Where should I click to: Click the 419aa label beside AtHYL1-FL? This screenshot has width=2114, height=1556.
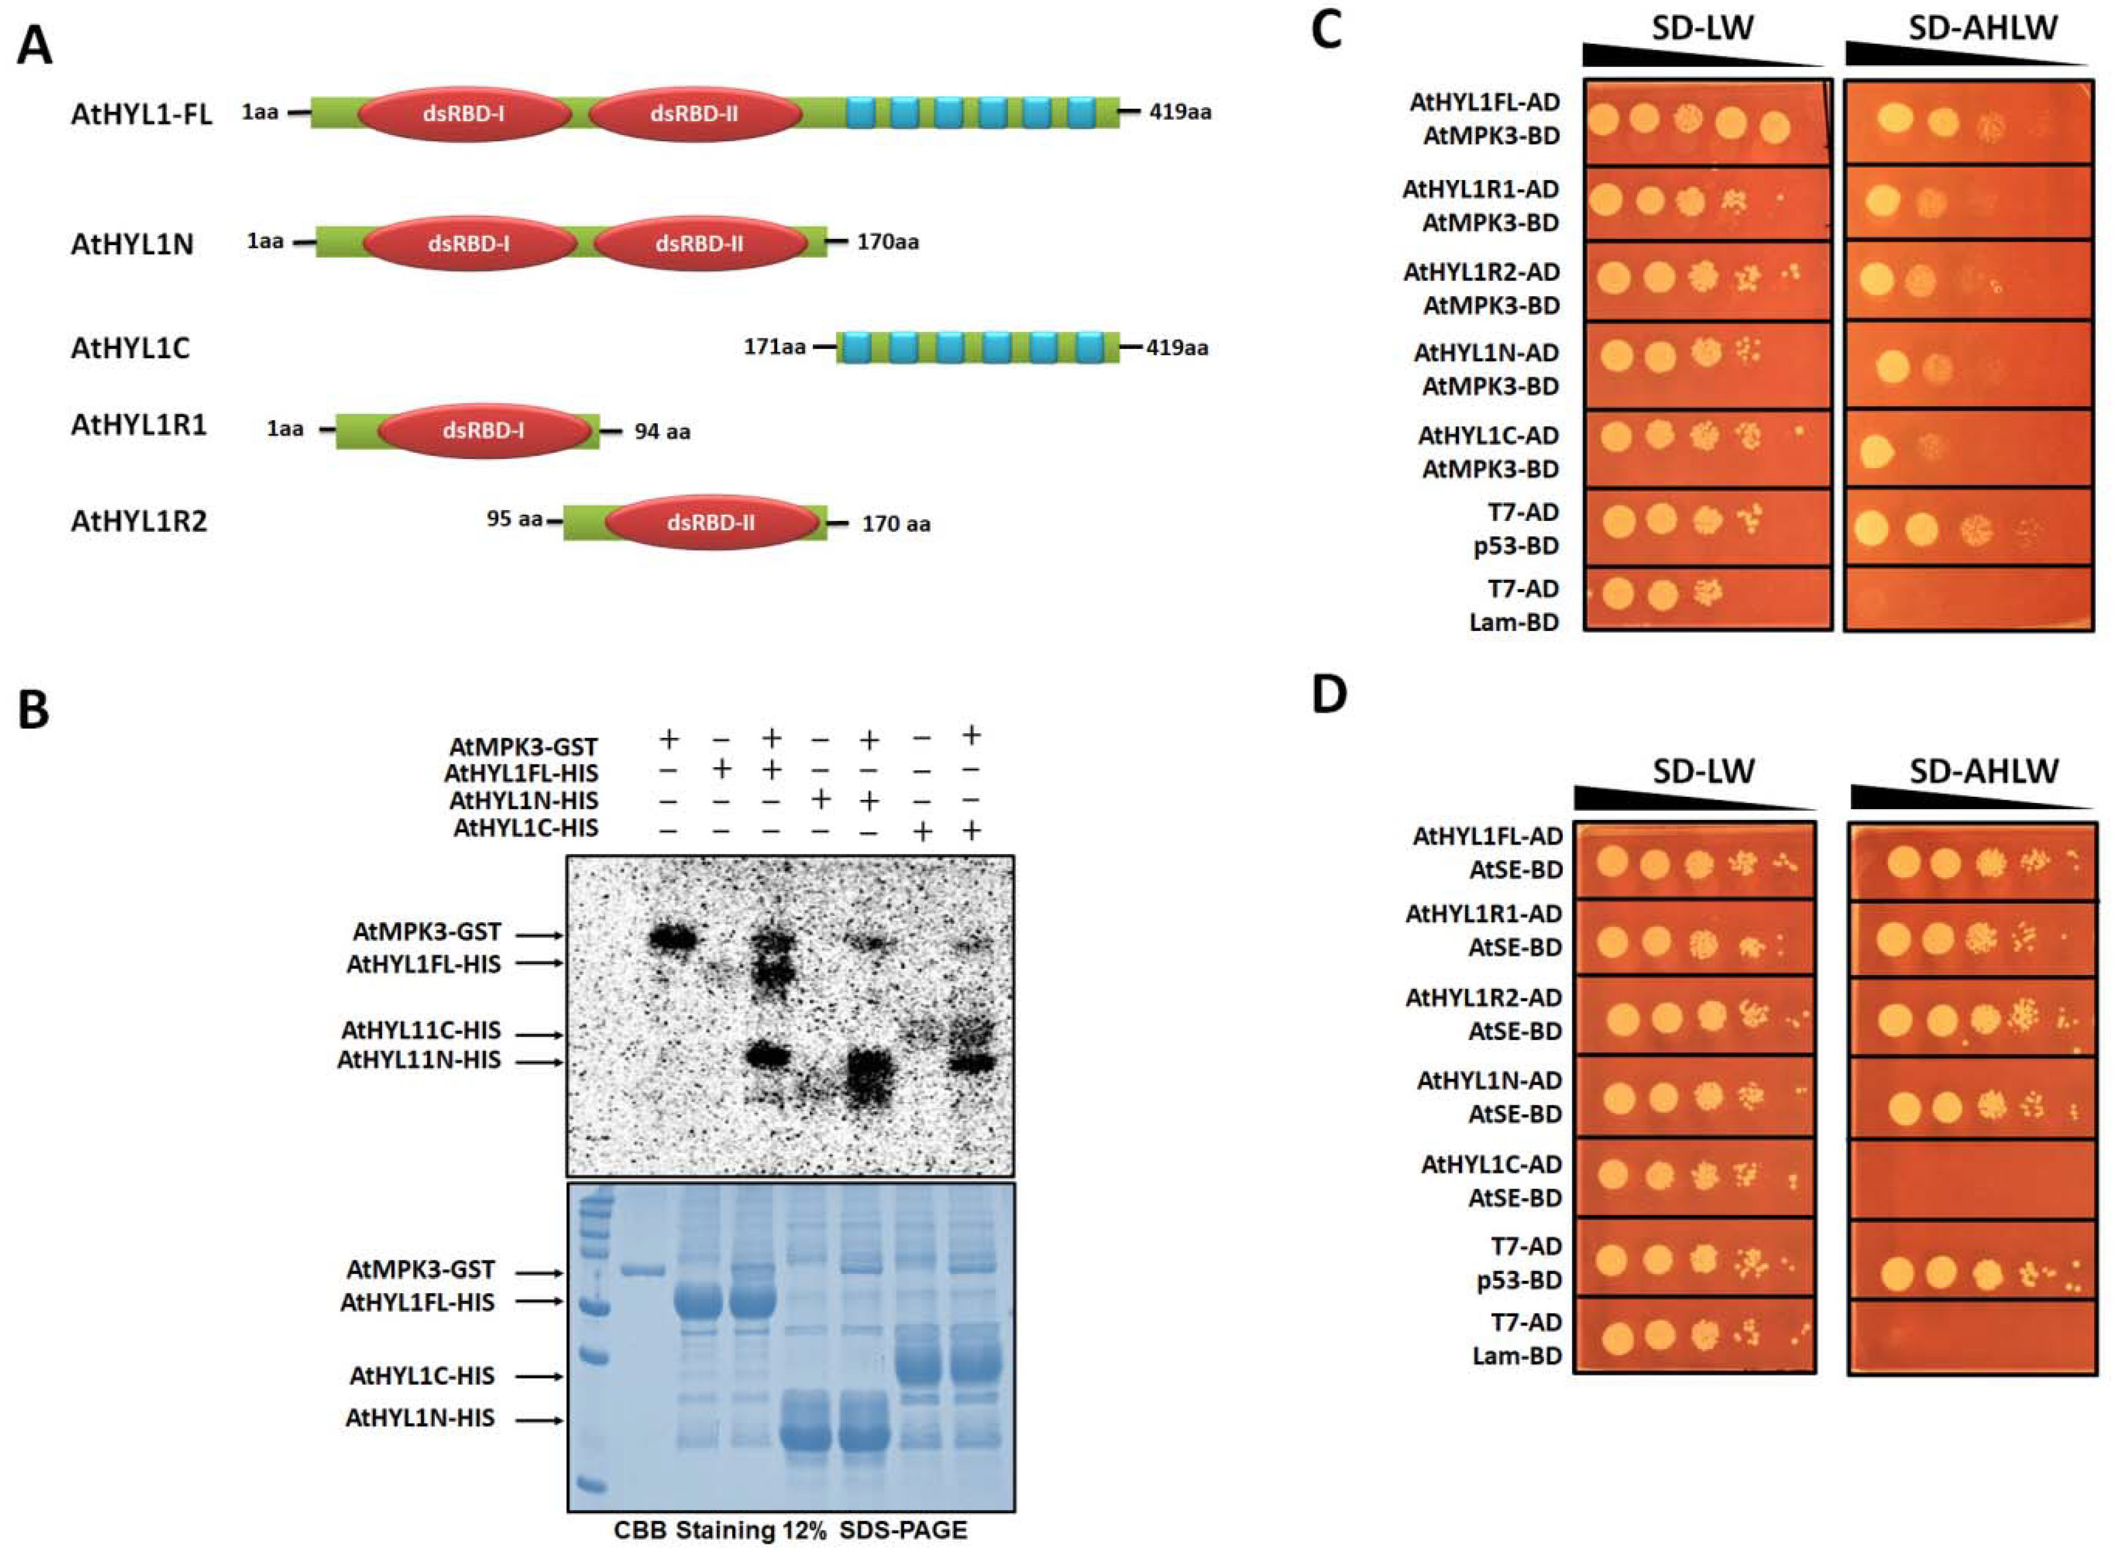[1180, 113]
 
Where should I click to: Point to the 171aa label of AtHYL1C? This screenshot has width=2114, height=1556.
[774, 347]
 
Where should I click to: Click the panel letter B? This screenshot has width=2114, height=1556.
[34, 710]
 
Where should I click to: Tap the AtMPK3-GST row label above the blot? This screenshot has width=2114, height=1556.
[523, 747]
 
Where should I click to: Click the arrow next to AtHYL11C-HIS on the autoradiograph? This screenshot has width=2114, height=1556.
[541, 1034]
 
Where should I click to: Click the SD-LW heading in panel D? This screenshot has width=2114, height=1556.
[1703, 771]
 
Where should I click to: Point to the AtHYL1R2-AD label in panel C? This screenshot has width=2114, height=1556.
[1481, 272]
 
